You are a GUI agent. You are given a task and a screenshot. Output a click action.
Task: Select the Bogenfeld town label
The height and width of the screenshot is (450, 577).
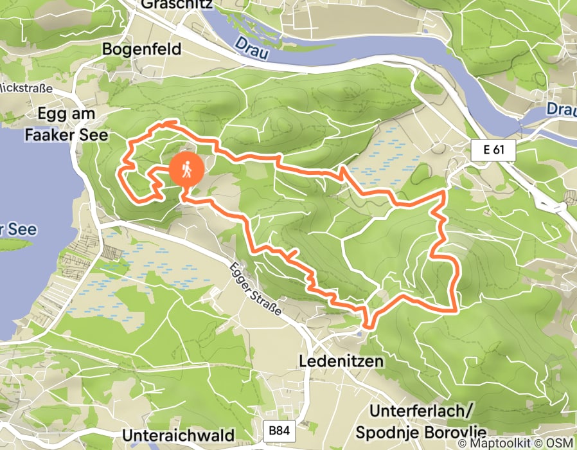click(x=141, y=49)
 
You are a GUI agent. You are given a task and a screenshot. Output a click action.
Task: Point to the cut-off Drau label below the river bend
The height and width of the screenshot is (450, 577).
click(x=561, y=109)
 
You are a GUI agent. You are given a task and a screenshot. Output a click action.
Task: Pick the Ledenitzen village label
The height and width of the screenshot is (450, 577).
click(x=341, y=361)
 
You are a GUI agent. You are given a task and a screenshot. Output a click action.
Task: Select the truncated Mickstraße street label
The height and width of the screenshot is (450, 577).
click(x=21, y=86)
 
